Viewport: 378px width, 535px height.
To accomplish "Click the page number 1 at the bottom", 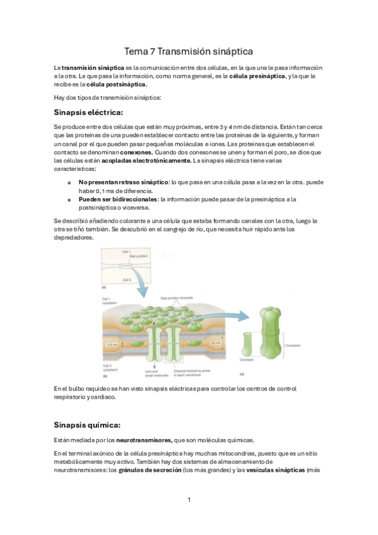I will click(x=189, y=500).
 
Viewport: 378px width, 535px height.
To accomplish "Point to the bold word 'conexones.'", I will click(x=134, y=152).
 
